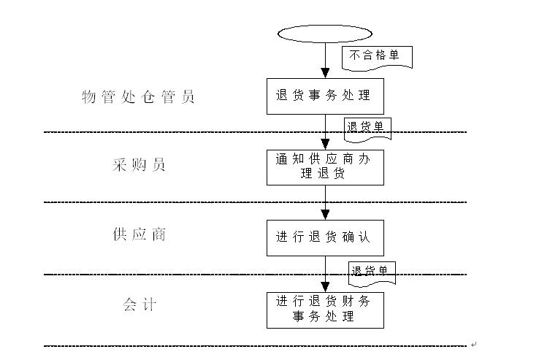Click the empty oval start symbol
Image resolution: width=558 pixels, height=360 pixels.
325,34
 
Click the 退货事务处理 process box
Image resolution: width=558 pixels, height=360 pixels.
325,96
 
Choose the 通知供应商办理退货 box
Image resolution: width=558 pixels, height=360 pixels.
325,167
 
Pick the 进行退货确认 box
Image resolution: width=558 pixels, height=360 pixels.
325,237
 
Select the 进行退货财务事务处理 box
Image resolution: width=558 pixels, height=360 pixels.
325,310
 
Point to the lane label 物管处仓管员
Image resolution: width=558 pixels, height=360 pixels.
138,96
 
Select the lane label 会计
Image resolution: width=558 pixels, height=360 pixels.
139,305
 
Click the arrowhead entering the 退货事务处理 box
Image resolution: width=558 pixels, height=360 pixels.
325,73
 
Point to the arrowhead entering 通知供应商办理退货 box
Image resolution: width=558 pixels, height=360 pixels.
325,145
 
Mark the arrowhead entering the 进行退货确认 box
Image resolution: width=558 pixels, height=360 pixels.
325,215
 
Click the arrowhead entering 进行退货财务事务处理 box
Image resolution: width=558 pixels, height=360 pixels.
325,287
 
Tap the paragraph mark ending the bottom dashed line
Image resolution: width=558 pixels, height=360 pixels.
473,345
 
